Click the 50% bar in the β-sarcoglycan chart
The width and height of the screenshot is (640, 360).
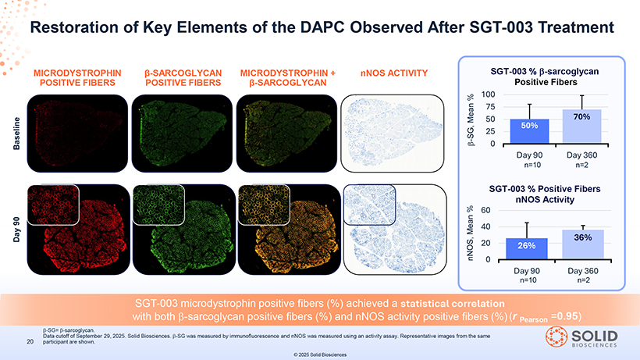(529, 131)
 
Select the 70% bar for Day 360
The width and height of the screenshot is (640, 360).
(581, 127)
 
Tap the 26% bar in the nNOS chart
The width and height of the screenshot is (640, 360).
(527, 248)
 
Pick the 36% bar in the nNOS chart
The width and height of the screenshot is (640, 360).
(583, 244)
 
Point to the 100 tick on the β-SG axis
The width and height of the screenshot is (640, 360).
(488, 94)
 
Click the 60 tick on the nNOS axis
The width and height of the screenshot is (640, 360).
(485, 210)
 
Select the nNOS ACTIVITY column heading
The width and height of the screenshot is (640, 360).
(394, 73)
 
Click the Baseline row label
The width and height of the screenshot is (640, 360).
(16, 134)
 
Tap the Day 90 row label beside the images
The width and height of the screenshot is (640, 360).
(16, 230)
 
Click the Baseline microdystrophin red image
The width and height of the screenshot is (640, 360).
(77, 134)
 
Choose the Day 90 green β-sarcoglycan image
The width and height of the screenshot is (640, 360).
(184, 229)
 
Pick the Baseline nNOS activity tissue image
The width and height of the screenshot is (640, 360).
(393, 134)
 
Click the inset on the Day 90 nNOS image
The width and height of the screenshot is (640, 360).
(369, 205)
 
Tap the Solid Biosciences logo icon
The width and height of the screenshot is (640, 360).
(556, 337)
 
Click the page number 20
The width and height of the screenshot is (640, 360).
(30, 341)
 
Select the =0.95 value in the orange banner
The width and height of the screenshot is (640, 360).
(566, 316)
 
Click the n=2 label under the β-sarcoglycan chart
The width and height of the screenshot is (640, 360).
(581, 165)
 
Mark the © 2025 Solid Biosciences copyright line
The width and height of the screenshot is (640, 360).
(320, 355)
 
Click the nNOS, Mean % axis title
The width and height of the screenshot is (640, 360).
(471, 233)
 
